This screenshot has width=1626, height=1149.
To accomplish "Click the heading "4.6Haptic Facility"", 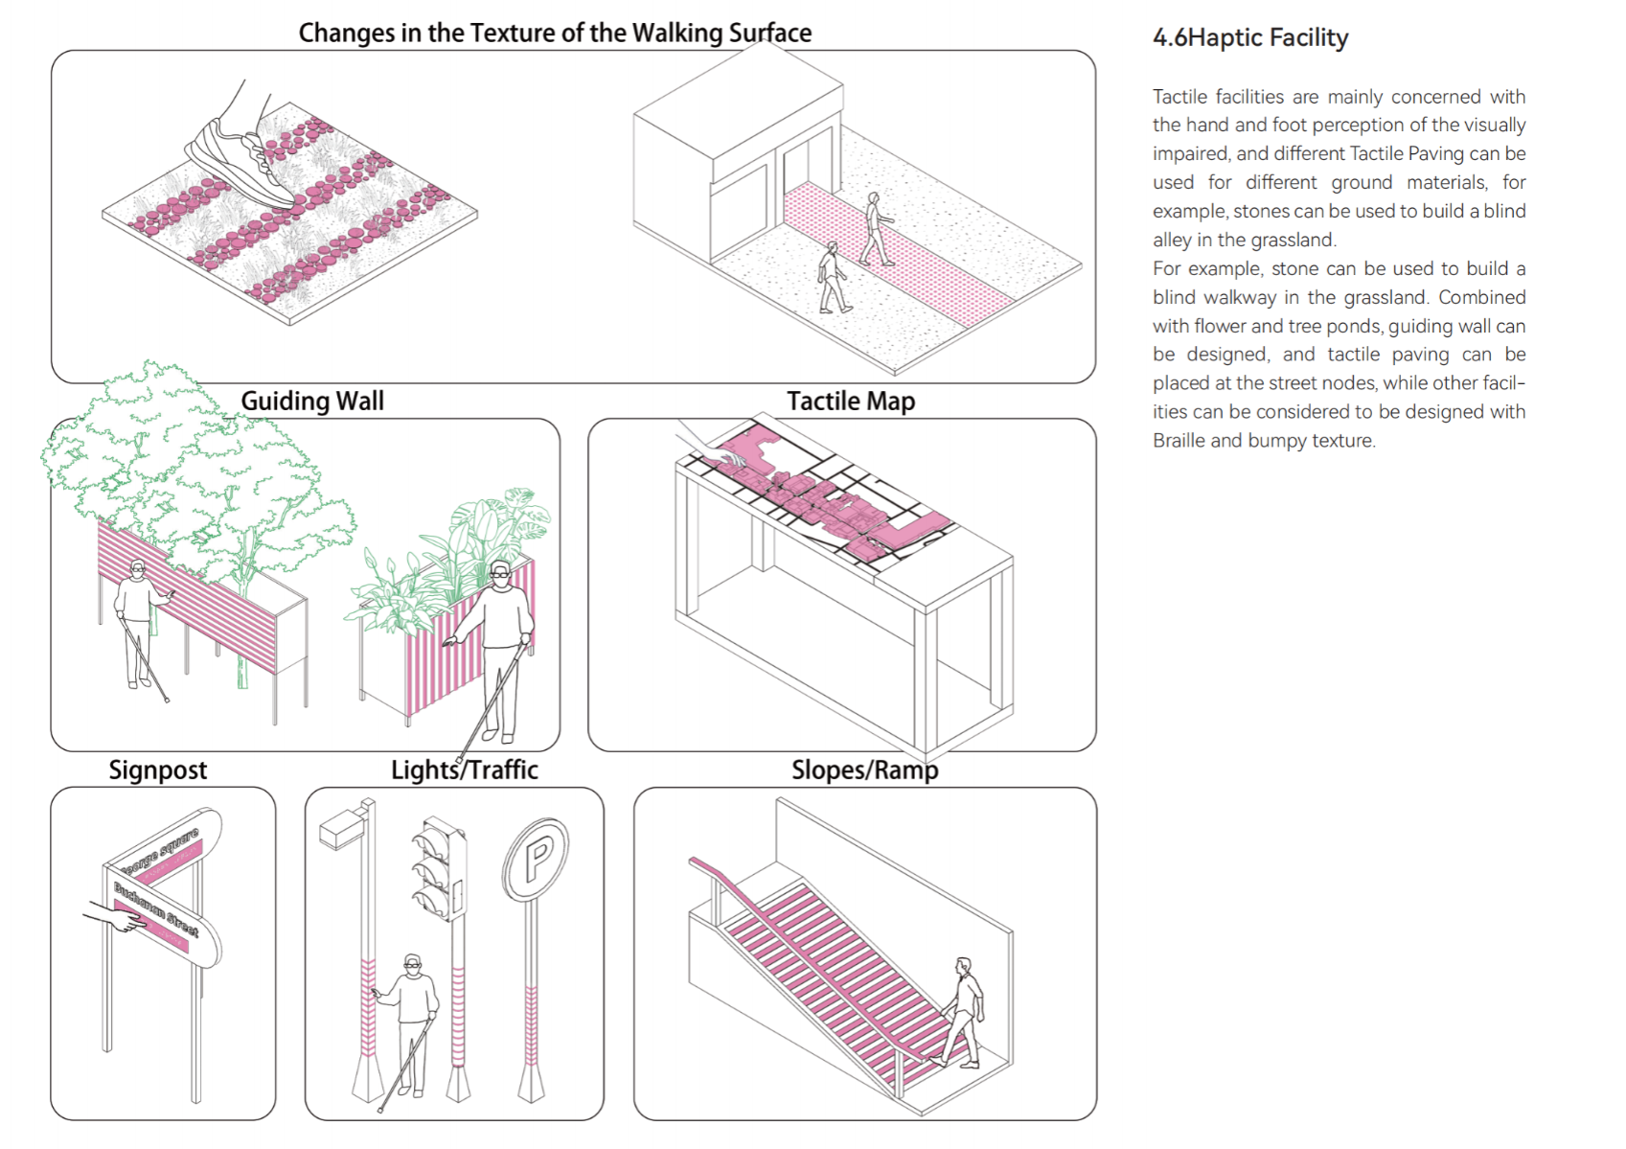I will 1249,38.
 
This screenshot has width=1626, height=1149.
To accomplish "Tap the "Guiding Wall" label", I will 312,401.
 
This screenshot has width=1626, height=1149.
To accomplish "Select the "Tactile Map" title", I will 851,401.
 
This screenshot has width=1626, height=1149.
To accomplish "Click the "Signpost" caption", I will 157,770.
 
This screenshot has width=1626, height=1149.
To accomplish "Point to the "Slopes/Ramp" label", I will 864,770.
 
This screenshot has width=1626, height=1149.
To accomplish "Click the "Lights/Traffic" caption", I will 465,770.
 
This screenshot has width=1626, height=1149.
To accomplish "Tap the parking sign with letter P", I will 538,858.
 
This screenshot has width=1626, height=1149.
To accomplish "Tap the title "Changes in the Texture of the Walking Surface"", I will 555,33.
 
